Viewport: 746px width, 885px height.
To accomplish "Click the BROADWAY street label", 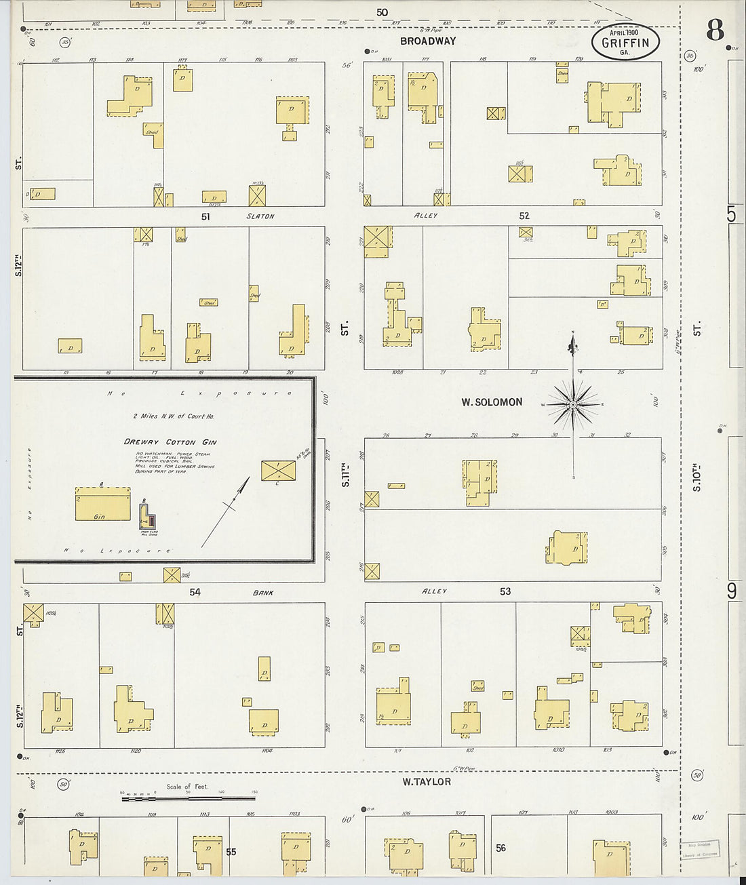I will click(427, 41).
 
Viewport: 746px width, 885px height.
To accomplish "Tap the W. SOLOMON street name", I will click(492, 402).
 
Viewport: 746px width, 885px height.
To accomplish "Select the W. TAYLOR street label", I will click(426, 781).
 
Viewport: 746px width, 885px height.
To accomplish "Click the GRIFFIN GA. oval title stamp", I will click(625, 42).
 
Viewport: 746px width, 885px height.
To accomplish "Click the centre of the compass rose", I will click(574, 405).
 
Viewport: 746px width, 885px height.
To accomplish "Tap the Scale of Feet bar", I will click(189, 799).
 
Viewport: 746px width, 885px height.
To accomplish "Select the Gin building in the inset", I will click(102, 504).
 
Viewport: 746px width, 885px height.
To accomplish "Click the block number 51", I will click(205, 216).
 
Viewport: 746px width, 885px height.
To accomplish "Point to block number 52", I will click(524, 216).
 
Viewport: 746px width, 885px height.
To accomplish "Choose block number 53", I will click(505, 591).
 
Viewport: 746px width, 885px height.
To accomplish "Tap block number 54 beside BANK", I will click(195, 592).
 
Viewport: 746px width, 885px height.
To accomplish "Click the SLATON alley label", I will click(260, 216).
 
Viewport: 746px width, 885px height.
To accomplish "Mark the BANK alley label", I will click(263, 592).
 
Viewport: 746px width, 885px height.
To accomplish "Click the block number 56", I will click(500, 848).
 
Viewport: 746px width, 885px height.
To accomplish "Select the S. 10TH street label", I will click(697, 477).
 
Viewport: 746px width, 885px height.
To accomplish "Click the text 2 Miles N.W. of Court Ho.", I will click(173, 416).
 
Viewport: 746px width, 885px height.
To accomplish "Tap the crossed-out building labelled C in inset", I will click(278, 471).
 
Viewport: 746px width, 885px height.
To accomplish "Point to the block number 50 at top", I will click(382, 12).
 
